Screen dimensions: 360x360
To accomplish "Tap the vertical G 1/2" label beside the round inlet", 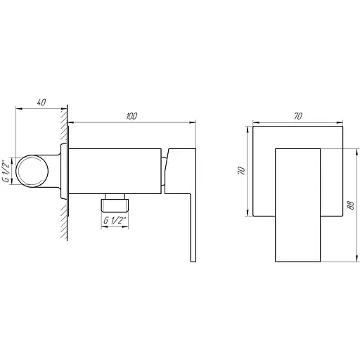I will [6, 170].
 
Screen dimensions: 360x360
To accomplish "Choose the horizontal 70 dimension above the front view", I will [298, 117].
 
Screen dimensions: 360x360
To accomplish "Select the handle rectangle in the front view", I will [298, 204].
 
